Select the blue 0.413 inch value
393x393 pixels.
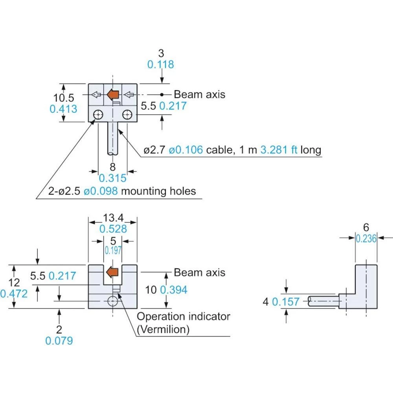coord(63,108)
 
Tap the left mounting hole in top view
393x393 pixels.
coord(98,115)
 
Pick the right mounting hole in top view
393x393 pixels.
coord(127,115)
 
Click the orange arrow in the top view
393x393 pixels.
coord(113,94)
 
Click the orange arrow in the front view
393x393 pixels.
coord(113,272)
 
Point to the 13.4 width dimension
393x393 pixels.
coord(113,218)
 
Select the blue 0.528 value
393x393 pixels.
coord(113,229)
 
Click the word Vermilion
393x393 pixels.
coord(163,329)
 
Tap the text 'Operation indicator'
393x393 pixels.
coord(183,316)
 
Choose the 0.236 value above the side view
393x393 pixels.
coord(366,239)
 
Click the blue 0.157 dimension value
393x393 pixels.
coord(286,302)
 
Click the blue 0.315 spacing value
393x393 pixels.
coord(113,178)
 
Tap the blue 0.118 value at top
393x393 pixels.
coord(160,64)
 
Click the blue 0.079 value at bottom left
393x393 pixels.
coord(59,341)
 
